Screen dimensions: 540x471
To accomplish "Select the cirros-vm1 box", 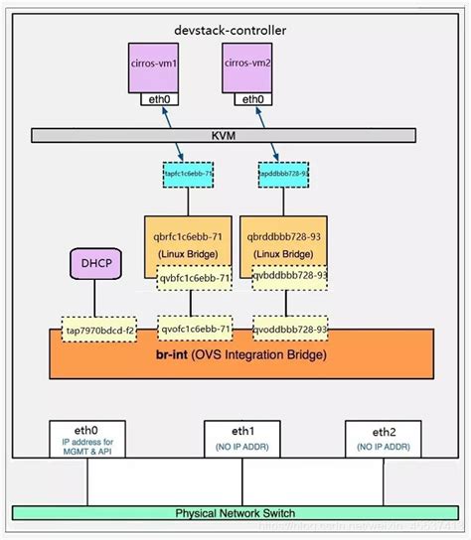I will (x=159, y=67).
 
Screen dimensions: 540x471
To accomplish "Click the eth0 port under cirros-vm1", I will (x=159, y=99).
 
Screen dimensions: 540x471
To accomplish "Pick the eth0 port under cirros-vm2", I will (x=253, y=99).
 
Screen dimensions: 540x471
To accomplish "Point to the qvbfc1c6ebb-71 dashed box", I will (x=195, y=280).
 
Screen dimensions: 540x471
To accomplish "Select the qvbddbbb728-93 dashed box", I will (x=290, y=280).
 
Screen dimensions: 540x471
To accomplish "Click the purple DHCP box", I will (x=95, y=266).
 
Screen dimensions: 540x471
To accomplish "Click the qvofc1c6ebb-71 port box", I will (x=195, y=329).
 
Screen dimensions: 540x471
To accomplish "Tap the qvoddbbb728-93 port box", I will (x=290, y=329).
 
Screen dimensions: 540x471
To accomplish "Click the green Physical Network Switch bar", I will (x=235, y=513).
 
